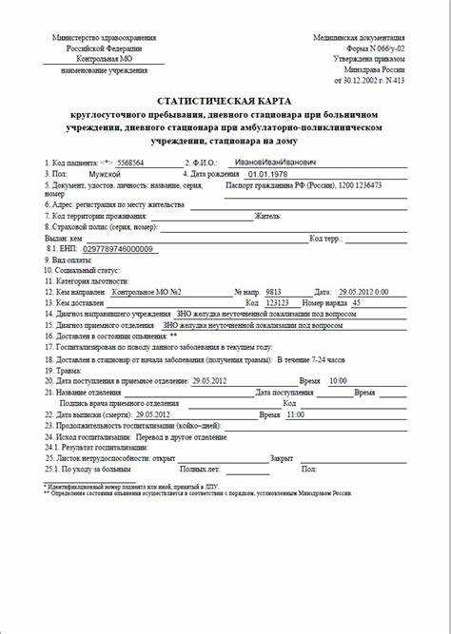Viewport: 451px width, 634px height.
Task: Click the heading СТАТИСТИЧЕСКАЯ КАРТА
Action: (x=225, y=100)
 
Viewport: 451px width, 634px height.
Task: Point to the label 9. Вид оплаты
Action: (x=74, y=259)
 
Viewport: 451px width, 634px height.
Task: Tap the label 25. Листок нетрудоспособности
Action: (x=110, y=457)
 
